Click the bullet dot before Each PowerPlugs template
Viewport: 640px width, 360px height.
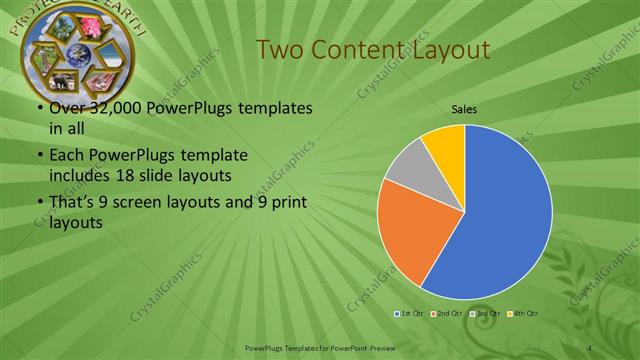coord(38,156)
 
